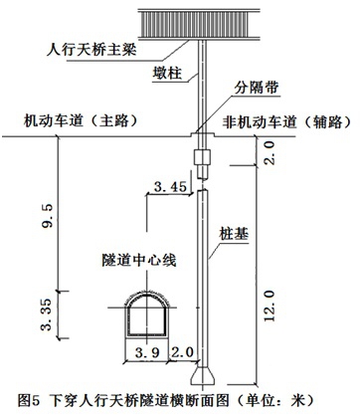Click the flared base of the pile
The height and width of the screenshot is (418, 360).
(204, 375)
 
